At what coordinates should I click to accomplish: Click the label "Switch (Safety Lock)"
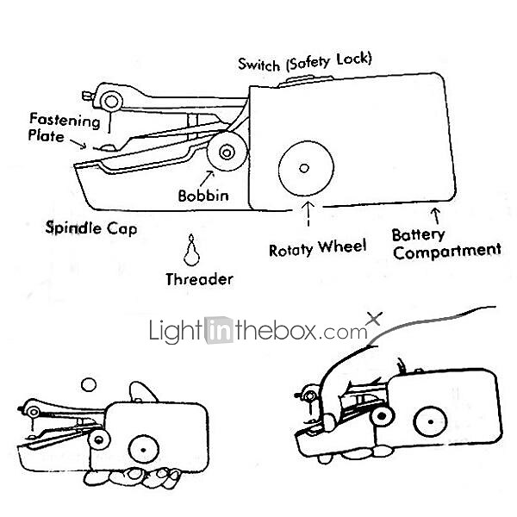tap(305, 62)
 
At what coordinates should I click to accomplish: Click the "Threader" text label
tap(199, 278)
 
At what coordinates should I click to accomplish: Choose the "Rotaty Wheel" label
tap(317, 247)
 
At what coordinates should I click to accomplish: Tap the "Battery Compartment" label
tap(445, 242)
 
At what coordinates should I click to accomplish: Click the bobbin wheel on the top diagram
tap(227, 154)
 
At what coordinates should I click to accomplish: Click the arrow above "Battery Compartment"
tap(436, 212)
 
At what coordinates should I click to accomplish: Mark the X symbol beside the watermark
tap(373, 318)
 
